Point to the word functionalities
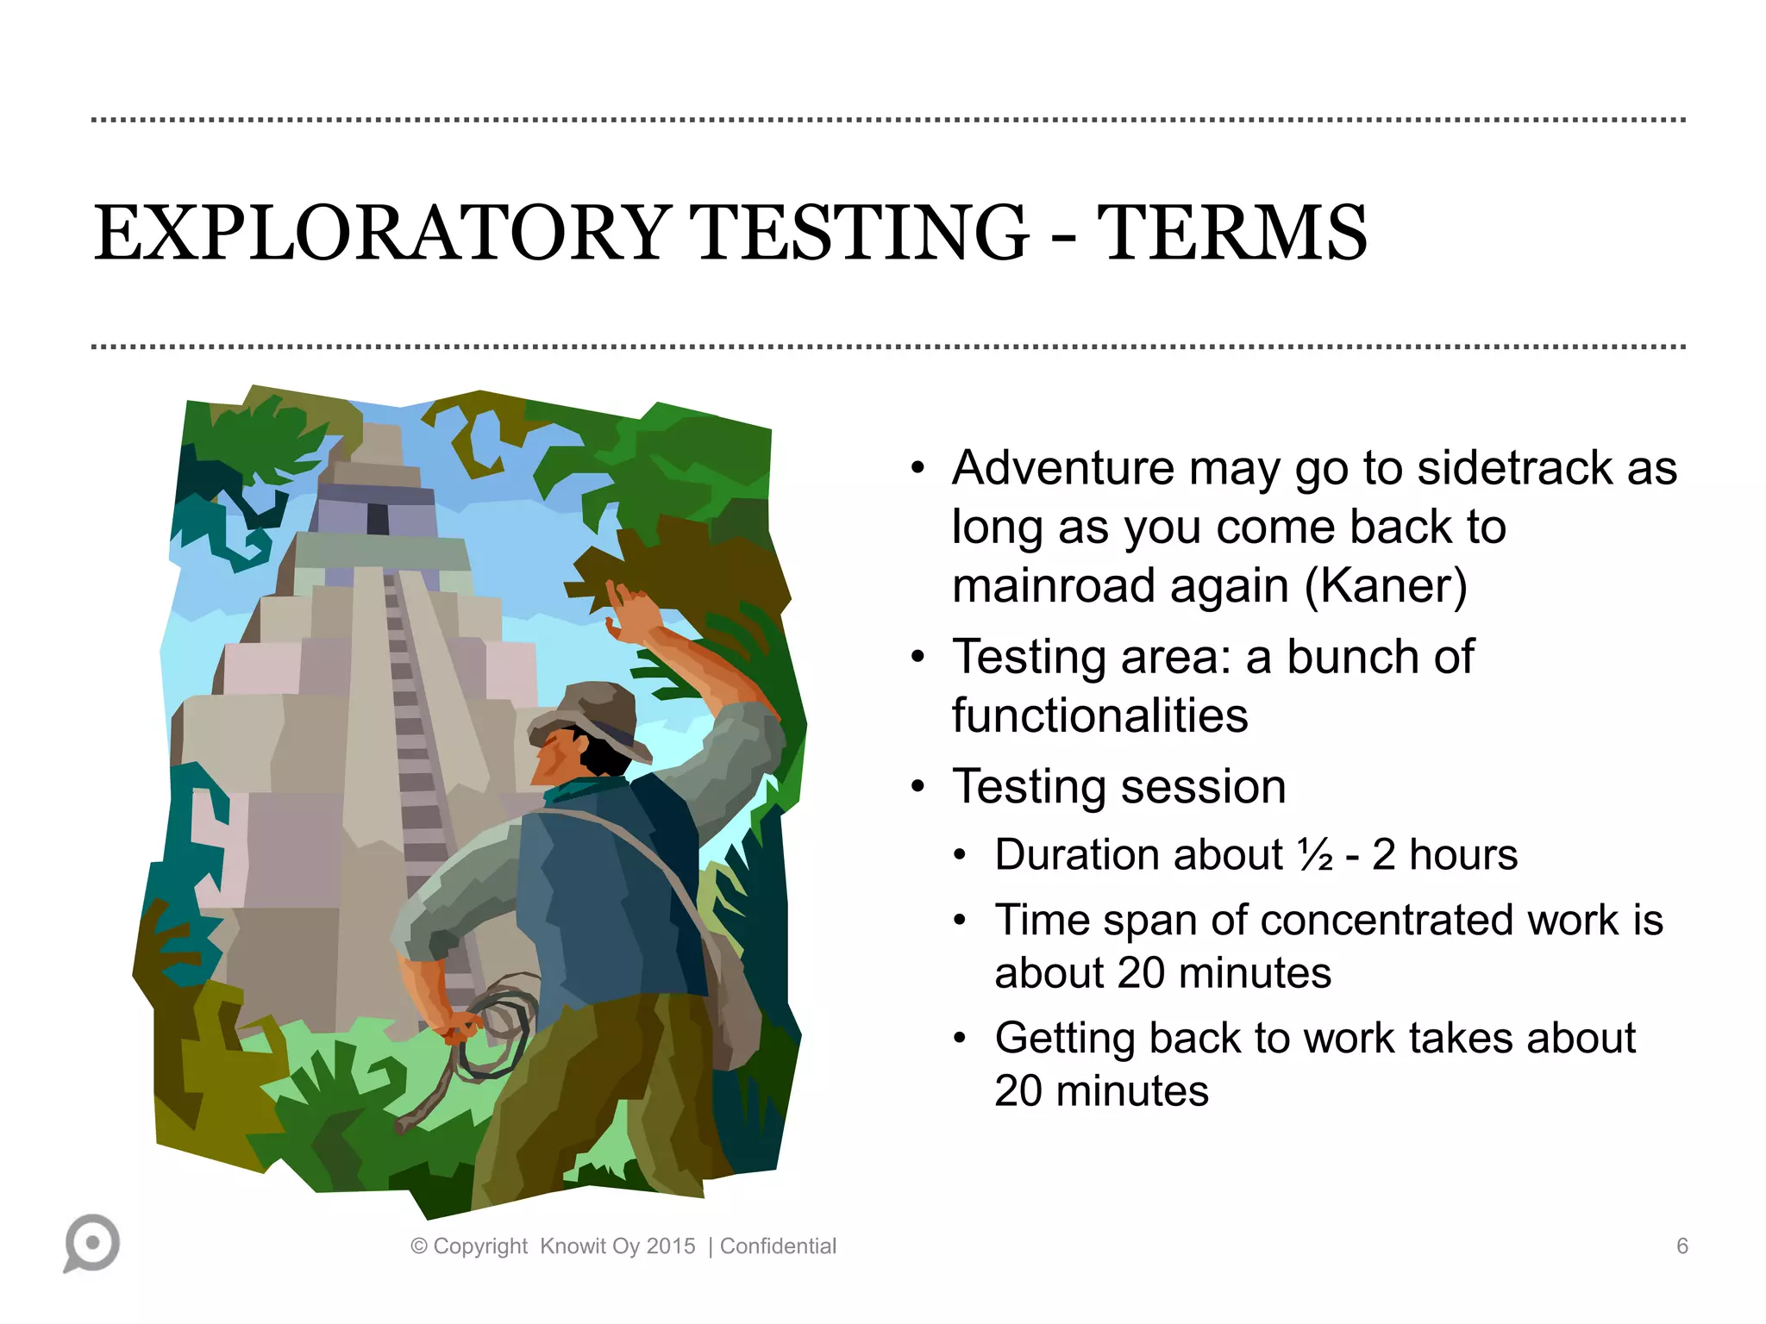click(x=1099, y=715)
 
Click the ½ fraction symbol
click(x=1315, y=855)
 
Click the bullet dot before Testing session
click(x=917, y=787)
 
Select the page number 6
click(x=1681, y=1246)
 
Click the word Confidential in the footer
click(x=778, y=1246)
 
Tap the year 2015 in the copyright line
click(x=671, y=1246)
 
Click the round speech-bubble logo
click(x=92, y=1242)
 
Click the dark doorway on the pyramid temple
click(x=378, y=518)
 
